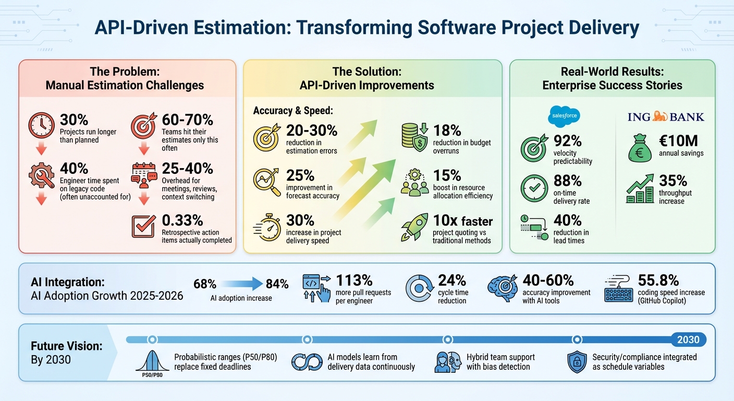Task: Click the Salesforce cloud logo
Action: click(564, 116)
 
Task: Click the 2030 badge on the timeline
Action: click(688, 340)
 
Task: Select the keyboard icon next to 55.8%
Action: click(618, 289)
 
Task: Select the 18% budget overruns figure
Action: click(448, 130)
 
